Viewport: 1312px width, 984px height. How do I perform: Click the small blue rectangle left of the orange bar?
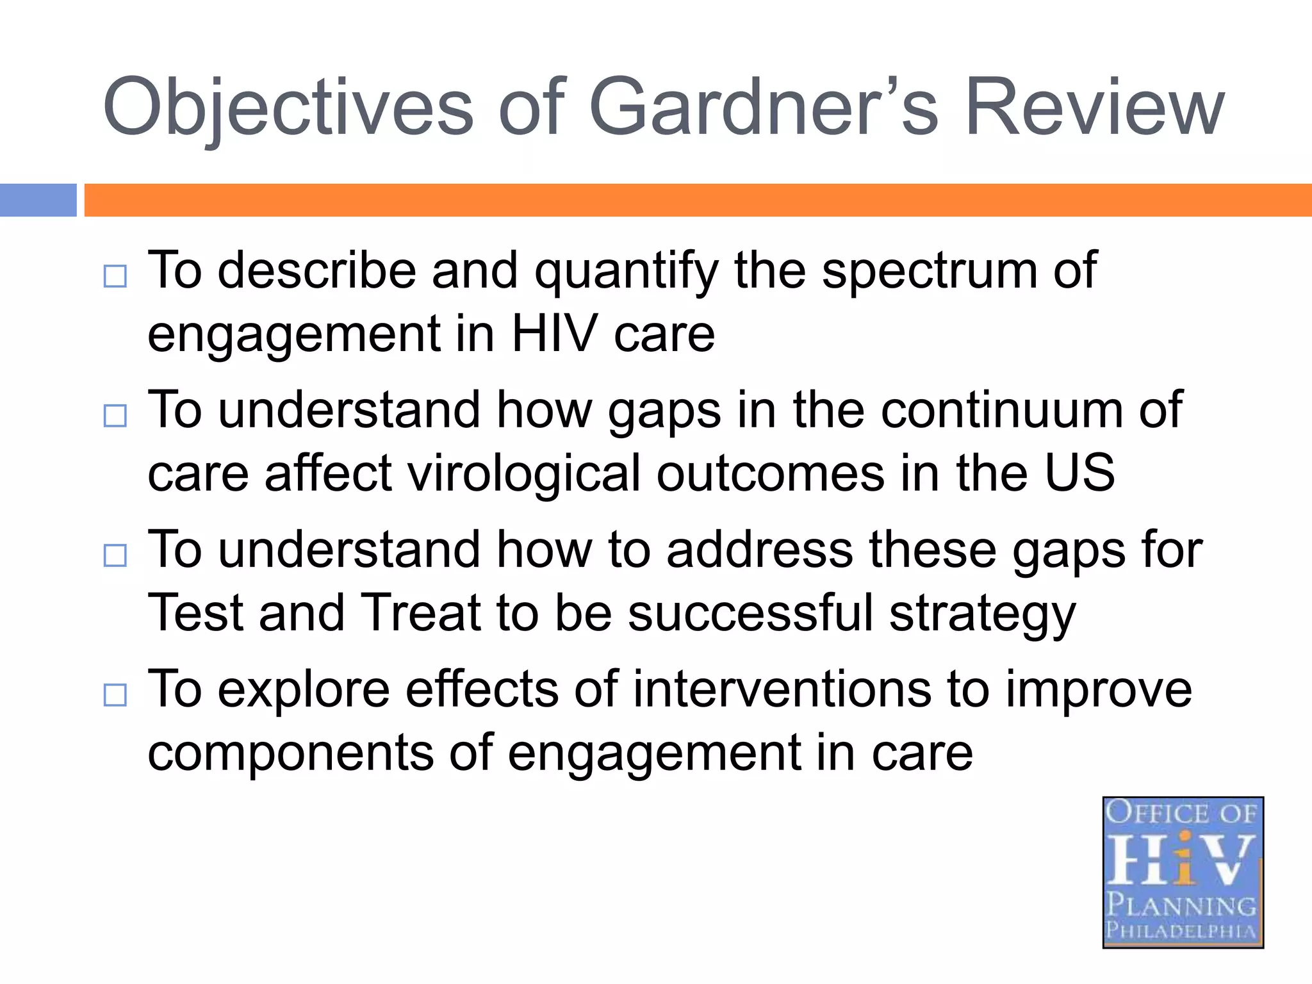tap(38, 200)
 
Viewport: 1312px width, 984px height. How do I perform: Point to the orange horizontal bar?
tap(698, 200)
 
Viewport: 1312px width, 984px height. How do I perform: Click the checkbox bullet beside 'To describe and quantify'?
tap(115, 277)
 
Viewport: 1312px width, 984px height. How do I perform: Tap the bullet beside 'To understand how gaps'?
tap(115, 416)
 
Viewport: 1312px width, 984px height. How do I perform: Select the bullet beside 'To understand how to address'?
tap(115, 555)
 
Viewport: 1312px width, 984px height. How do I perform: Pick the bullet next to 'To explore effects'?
tap(115, 694)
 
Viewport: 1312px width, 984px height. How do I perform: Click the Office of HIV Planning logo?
tap(1183, 872)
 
